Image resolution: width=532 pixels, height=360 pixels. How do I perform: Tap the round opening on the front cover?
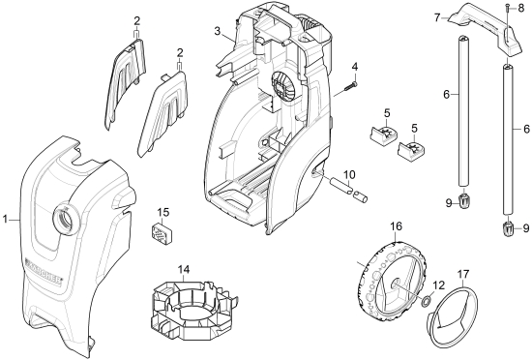[67, 220]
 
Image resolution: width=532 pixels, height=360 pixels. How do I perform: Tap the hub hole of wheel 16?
[396, 283]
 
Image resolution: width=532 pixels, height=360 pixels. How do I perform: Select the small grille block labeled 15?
[162, 232]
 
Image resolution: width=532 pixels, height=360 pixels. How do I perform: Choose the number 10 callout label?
[349, 175]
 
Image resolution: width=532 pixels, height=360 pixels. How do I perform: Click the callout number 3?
[218, 31]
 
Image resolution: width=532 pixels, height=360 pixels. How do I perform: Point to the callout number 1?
[5, 219]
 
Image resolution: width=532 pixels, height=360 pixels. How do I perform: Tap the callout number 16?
[396, 226]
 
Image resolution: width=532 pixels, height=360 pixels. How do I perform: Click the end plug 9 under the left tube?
[464, 201]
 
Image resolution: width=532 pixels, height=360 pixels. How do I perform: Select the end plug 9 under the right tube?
[508, 230]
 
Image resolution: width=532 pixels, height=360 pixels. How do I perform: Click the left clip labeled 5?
[383, 133]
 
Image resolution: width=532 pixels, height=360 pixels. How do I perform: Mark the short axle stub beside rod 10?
[360, 197]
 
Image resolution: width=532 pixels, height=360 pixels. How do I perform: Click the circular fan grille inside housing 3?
[282, 84]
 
